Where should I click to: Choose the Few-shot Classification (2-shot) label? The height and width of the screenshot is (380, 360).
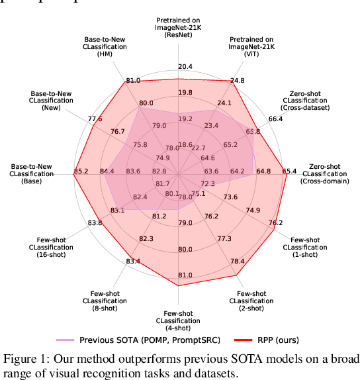247,301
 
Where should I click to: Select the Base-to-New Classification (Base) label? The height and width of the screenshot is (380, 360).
31,173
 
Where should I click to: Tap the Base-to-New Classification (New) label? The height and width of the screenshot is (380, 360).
50,100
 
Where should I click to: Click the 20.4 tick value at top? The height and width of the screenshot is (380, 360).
185,67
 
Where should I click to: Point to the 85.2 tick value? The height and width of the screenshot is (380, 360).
81,172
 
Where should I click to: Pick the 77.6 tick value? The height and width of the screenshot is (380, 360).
95,119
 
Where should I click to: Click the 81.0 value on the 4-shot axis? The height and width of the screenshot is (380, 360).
185,275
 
